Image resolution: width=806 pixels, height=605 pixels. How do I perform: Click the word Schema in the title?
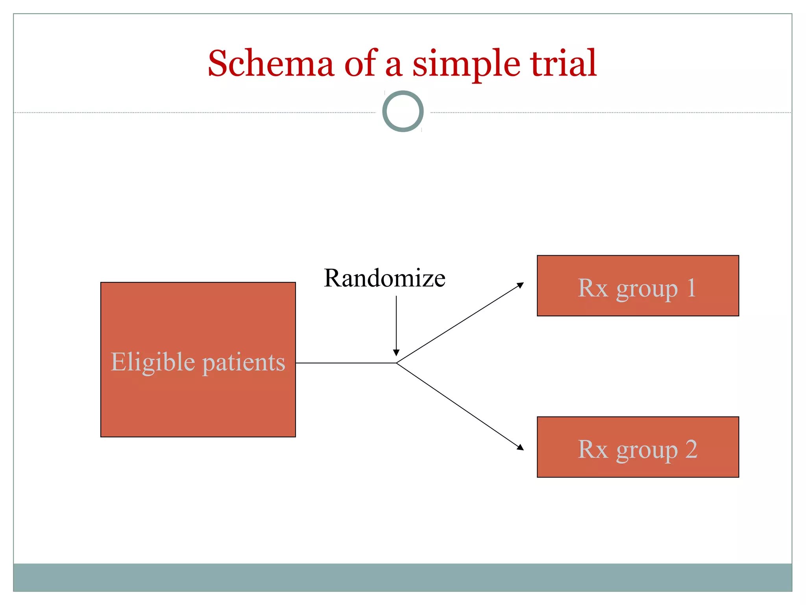(271, 64)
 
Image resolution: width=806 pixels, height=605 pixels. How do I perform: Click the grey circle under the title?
(403, 111)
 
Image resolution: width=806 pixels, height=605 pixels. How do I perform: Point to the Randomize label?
(385, 278)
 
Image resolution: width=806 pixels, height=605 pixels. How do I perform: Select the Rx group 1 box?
(638, 286)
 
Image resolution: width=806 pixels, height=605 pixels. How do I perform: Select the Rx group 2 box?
(638, 447)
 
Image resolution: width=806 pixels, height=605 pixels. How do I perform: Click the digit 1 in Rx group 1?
(691, 288)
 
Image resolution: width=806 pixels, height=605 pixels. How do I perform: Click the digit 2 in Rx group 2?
(691, 449)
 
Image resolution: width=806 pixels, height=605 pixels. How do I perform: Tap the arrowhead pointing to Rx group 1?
(521, 284)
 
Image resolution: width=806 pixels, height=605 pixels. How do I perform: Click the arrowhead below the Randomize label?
(396, 353)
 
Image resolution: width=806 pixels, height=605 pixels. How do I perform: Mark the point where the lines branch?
(396, 363)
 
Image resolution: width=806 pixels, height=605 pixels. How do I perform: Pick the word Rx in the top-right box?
(593, 288)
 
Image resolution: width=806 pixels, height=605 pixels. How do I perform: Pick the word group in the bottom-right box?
(647, 450)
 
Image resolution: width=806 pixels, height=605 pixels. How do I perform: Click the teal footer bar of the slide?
(403, 577)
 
